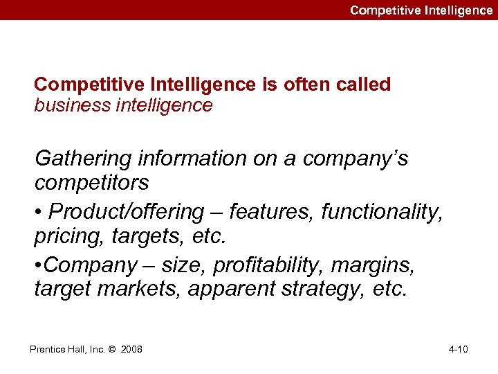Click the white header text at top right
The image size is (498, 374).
pyautogui.click(x=421, y=10)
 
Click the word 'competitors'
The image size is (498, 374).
pyautogui.click(x=91, y=183)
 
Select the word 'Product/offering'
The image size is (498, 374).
pyautogui.click(x=127, y=211)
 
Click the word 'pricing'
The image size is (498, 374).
pyautogui.click(x=65, y=237)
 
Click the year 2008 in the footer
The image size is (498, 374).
pyautogui.click(x=131, y=349)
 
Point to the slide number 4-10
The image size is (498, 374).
pyautogui.click(x=458, y=349)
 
